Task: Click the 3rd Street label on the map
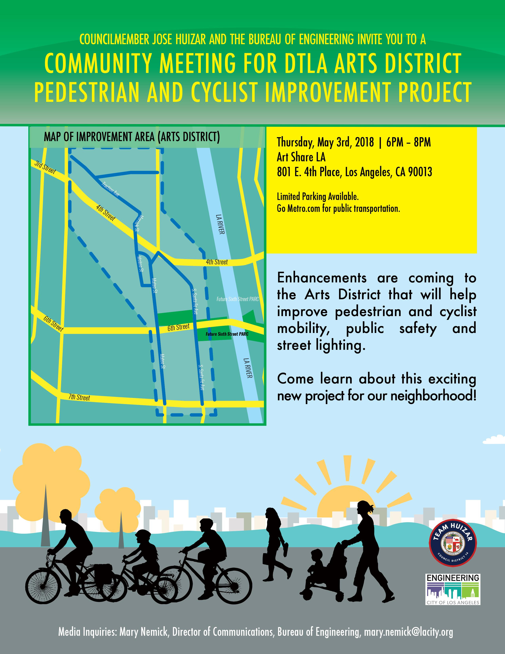[x=45, y=168]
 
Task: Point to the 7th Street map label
[x=79, y=397]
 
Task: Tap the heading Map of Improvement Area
[x=132, y=137]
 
